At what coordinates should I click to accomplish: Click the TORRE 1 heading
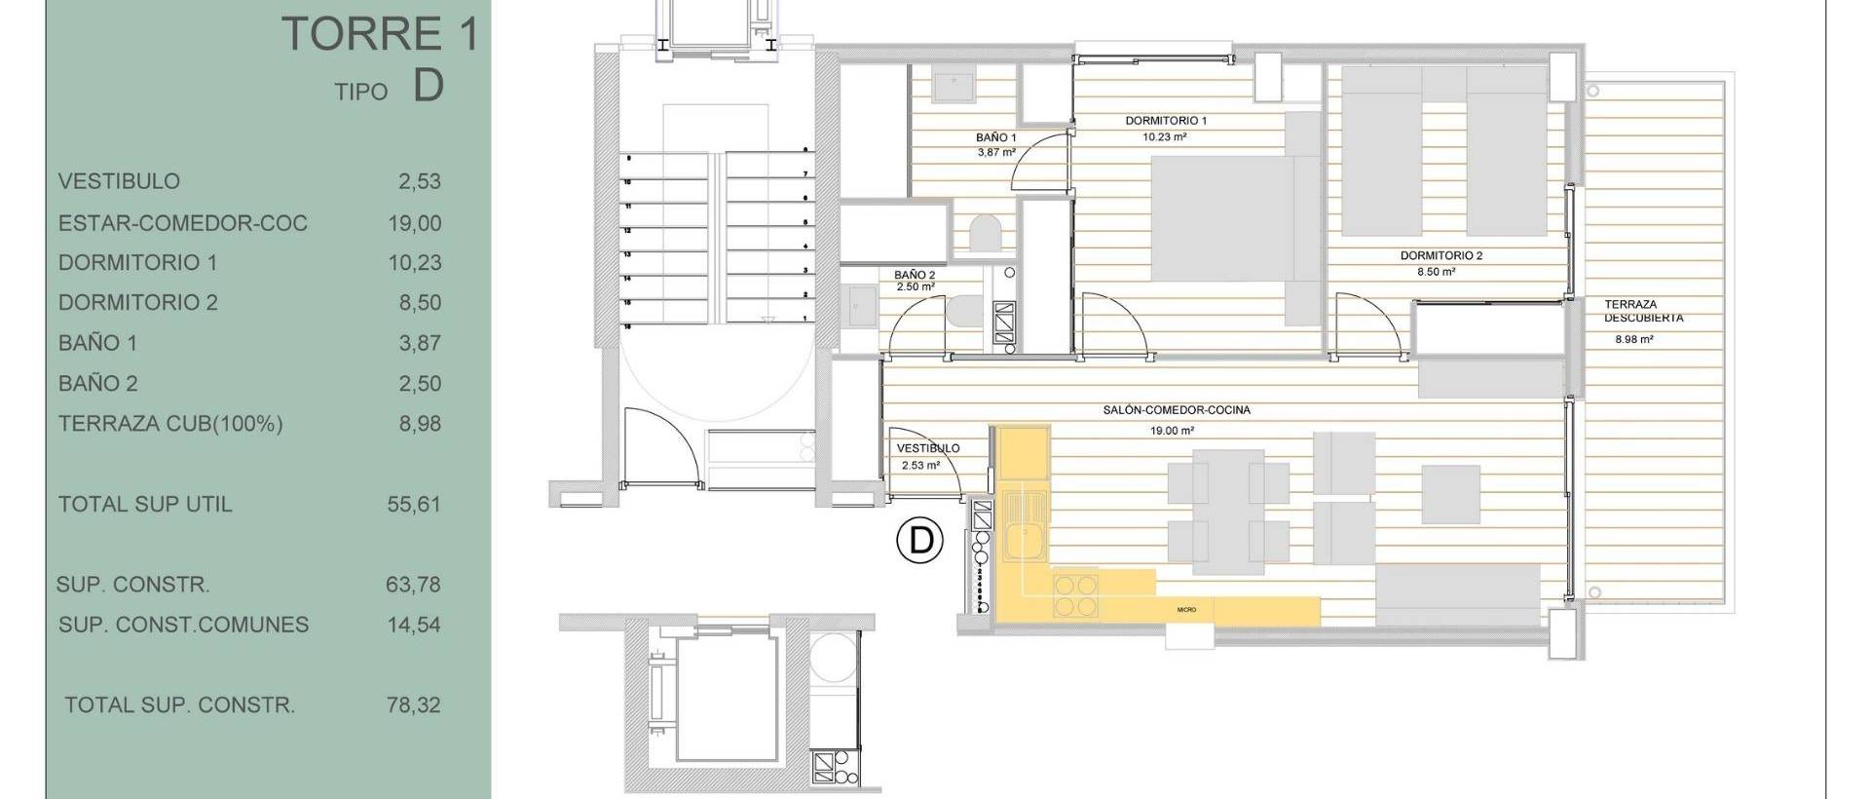[380, 35]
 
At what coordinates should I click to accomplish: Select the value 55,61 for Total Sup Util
[414, 505]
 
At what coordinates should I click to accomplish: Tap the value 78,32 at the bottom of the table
[414, 705]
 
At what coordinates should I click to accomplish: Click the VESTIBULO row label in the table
[119, 181]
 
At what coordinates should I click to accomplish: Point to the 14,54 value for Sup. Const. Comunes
[414, 626]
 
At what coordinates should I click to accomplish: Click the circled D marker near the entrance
[920, 540]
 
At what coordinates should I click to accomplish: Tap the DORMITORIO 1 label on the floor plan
[1166, 121]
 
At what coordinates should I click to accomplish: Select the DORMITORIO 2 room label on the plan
[1440, 256]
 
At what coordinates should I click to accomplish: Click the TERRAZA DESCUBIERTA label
[1643, 311]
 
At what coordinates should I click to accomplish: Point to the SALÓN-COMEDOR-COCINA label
[1176, 410]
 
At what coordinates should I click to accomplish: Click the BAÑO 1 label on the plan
[995, 138]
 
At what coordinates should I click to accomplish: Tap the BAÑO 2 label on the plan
[914, 276]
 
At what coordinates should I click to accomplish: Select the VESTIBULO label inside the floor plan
[927, 448]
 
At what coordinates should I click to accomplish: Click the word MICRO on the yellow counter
[1185, 610]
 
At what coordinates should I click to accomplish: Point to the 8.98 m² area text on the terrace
[1633, 340]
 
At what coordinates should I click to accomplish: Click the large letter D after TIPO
[429, 86]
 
